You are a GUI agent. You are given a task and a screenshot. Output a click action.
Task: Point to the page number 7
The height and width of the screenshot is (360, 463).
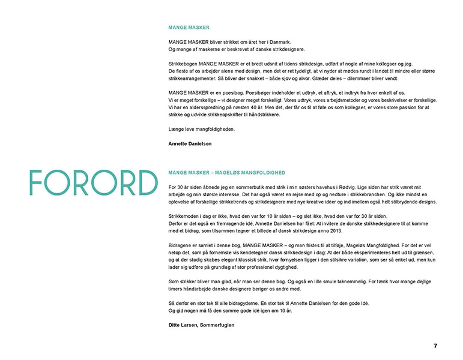point(435,346)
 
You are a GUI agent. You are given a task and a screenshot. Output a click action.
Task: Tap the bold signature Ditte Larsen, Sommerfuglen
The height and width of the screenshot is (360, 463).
point(201,325)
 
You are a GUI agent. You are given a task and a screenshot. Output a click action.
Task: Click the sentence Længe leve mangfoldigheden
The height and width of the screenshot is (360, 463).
point(201,129)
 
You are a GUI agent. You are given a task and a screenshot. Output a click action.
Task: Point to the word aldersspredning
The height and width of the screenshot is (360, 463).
point(207,107)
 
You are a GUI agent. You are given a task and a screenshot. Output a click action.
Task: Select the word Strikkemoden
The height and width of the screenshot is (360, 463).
point(186,215)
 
